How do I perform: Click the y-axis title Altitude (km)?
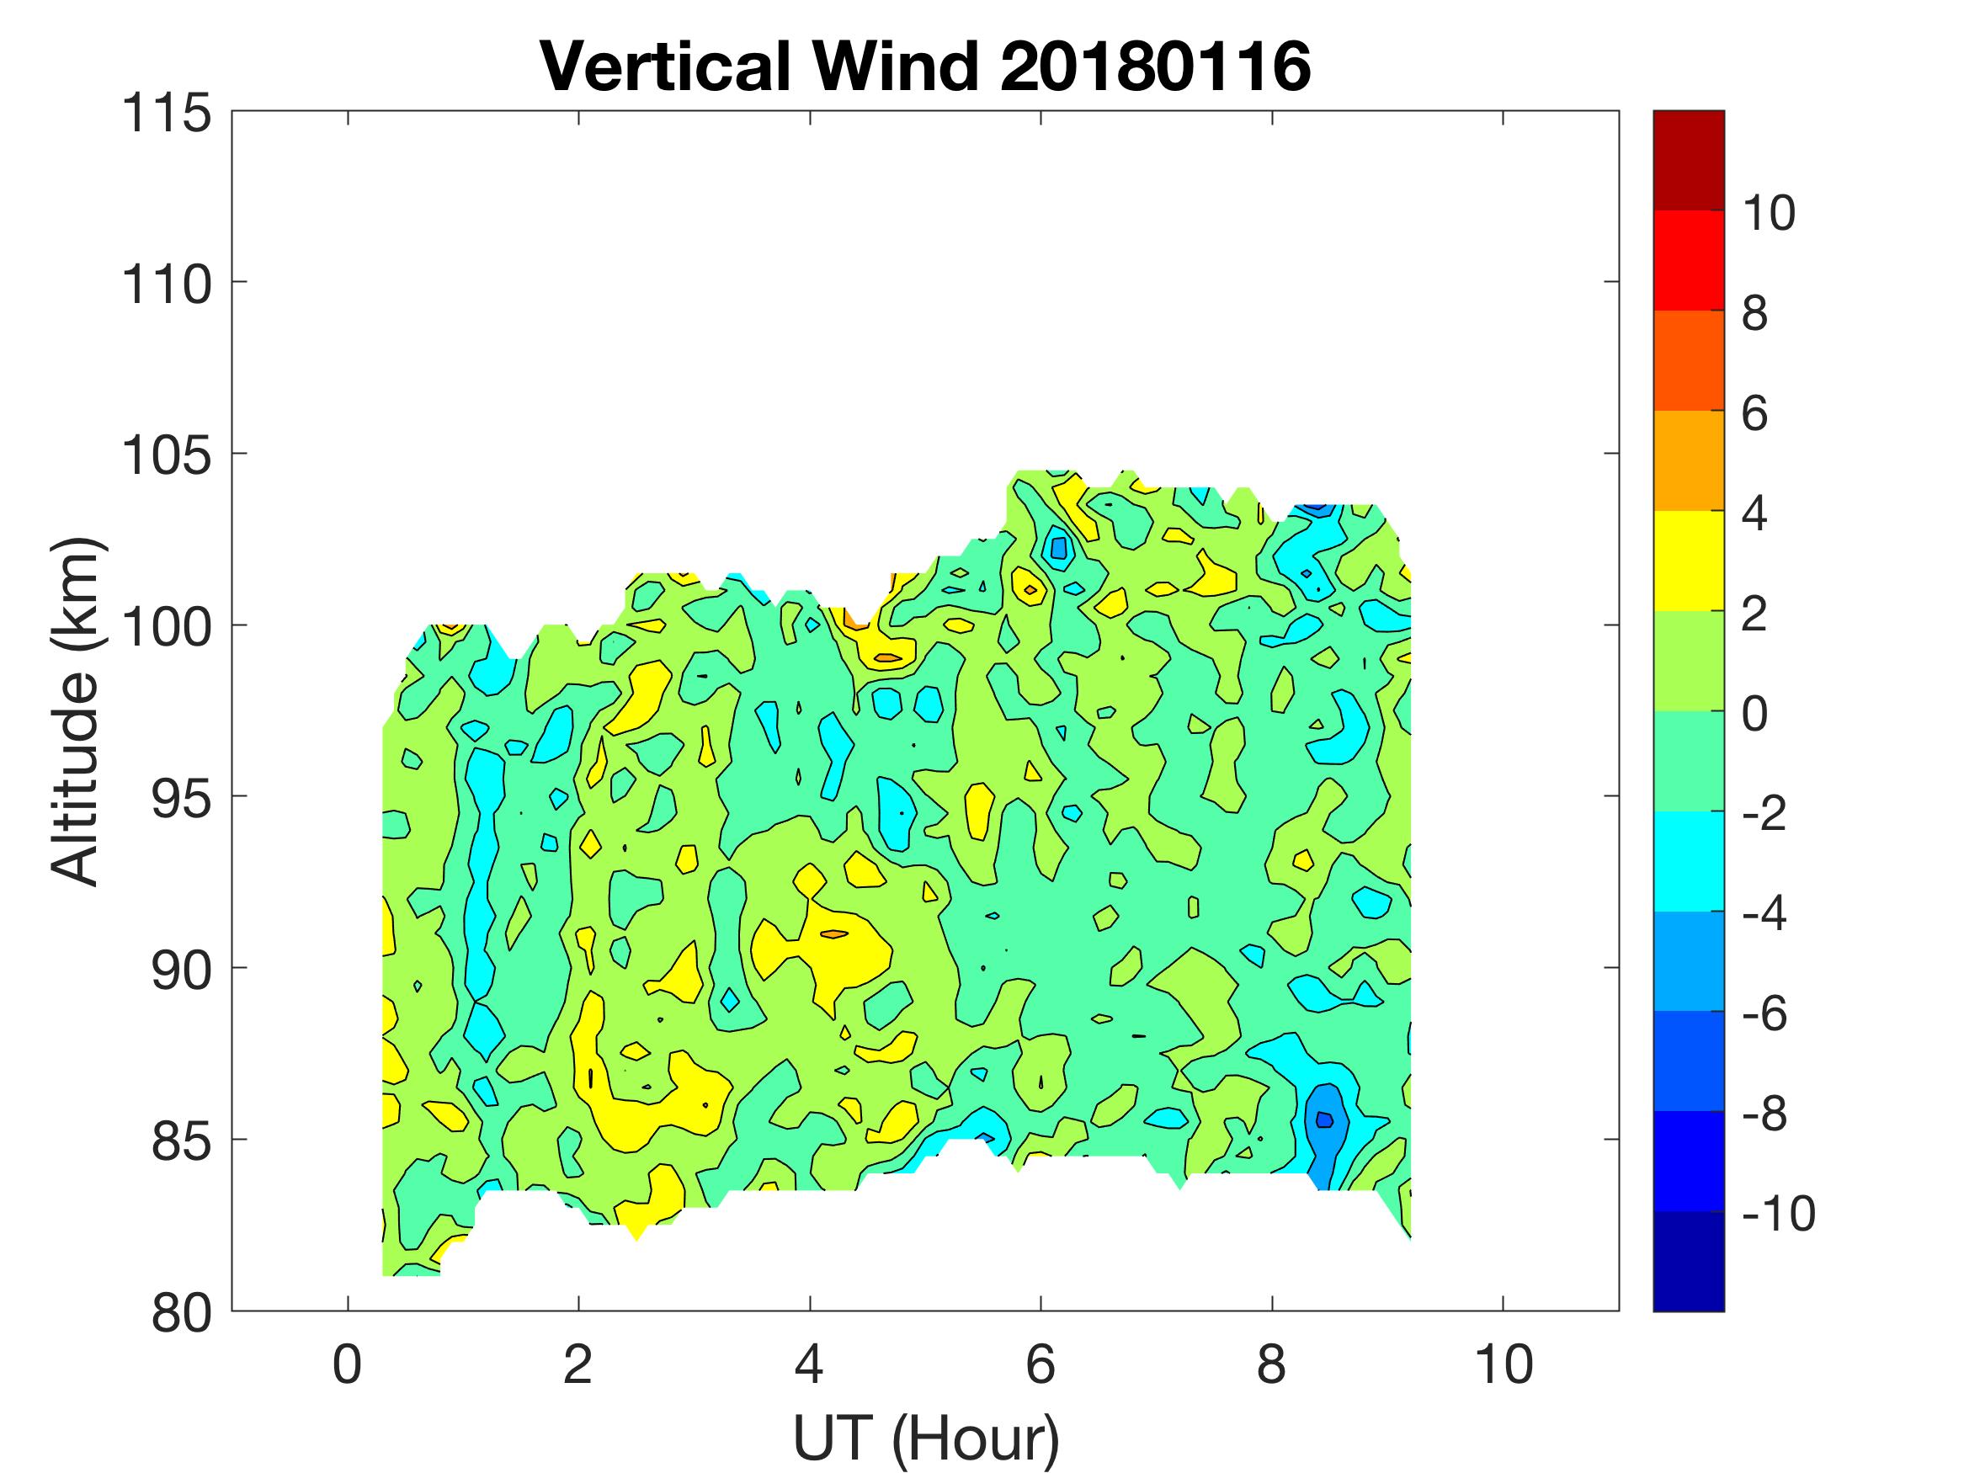pyautogui.click(x=75, y=710)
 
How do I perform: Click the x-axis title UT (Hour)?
pyautogui.click(x=925, y=1438)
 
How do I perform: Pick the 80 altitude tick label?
pyautogui.click(x=181, y=1313)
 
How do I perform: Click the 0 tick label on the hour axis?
pyautogui.click(x=347, y=1364)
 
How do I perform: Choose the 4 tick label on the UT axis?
pyautogui.click(x=809, y=1364)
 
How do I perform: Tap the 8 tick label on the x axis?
pyautogui.click(x=1271, y=1364)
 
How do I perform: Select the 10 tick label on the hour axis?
pyautogui.click(x=1504, y=1364)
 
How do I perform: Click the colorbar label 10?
pyautogui.click(x=1769, y=213)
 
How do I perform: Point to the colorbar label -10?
pyautogui.click(x=1779, y=1214)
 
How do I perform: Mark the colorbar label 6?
pyautogui.click(x=1754, y=414)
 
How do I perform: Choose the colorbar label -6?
pyautogui.click(x=1764, y=1014)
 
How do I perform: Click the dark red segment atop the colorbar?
pyautogui.click(x=1688, y=160)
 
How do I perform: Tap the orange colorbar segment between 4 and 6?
pyautogui.click(x=1688, y=460)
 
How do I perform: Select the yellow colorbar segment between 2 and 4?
pyautogui.click(x=1688, y=561)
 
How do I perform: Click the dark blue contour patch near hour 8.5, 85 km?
pyautogui.click(x=1324, y=1119)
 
